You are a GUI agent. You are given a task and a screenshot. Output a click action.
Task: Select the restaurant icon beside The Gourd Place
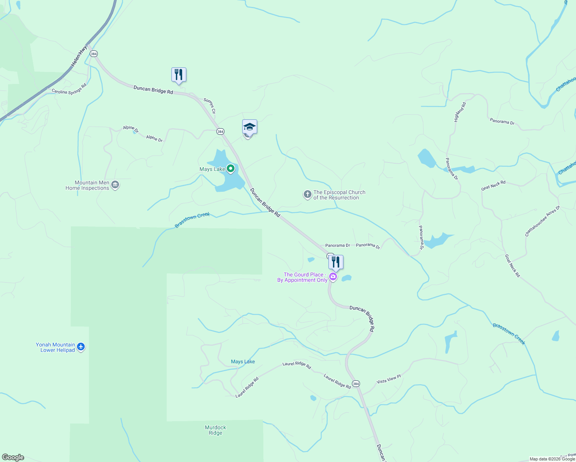point(336,263)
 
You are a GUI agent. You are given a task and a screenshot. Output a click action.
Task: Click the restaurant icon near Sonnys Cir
point(179,74)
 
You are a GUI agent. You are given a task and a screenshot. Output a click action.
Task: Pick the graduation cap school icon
point(249,127)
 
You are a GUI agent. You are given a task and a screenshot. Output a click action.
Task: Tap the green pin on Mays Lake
point(231,169)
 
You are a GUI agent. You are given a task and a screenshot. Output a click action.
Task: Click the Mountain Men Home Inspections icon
point(115,186)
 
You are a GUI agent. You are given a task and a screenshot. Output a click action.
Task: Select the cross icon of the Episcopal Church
point(307,194)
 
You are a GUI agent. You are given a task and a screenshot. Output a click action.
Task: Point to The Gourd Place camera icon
point(333,277)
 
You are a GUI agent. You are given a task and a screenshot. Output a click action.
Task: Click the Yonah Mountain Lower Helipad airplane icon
point(81,347)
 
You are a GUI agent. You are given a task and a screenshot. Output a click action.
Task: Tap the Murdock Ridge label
point(216,430)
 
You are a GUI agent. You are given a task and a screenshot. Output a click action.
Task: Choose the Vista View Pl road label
point(388,379)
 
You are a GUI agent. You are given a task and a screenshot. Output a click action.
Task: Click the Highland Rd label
point(460,112)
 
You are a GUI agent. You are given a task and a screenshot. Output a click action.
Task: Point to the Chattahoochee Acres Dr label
point(543,221)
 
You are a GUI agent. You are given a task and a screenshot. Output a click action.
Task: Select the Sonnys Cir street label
point(210,106)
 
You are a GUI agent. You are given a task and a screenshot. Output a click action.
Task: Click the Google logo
point(13,457)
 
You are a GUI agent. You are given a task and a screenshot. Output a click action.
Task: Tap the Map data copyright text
point(552,459)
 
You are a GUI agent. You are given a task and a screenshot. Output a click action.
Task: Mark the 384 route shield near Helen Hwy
point(94,54)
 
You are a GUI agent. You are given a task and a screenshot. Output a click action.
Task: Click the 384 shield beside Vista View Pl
point(356,384)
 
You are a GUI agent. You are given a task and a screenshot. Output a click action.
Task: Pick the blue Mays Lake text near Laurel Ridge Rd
point(243,362)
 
